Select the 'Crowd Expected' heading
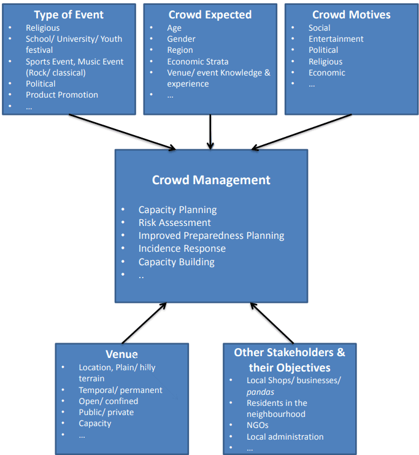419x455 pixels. [209, 15]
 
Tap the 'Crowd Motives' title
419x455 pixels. [351, 15]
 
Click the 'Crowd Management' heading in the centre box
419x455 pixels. [211, 180]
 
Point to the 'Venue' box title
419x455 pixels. [121, 354]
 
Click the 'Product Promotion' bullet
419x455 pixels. [61, 95]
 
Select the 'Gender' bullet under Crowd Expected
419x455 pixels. [182, 39]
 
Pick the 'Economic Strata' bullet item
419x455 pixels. [198, 61]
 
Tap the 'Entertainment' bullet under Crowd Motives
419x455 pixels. [336, 39]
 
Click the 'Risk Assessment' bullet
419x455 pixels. [174, 222]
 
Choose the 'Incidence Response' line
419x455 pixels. [182, 249]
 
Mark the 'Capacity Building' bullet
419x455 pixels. [176, 262]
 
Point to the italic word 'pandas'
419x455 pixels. [259, 391]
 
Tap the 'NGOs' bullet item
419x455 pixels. [258, 425]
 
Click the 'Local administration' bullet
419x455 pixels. [285, 437]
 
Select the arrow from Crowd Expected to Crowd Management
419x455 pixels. [210, 131]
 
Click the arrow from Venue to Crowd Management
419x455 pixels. [145, 322]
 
